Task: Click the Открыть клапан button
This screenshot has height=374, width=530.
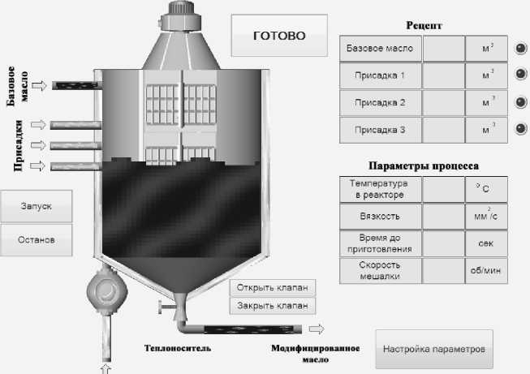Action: click(x=272, y=288)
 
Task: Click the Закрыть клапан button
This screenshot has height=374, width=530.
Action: click(x=272, y=306)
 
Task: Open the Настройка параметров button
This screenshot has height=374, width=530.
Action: click(x=434, y=349)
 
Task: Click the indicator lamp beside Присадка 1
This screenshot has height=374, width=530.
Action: click(x=520, y=75)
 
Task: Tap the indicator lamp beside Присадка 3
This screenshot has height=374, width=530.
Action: click(x=520, y=129)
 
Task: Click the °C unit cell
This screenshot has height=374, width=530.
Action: click(x=487, y=189)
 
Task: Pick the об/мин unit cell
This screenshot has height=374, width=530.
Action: click(x=487, y=270)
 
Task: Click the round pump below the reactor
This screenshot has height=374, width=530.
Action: click(x=106, y=290)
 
